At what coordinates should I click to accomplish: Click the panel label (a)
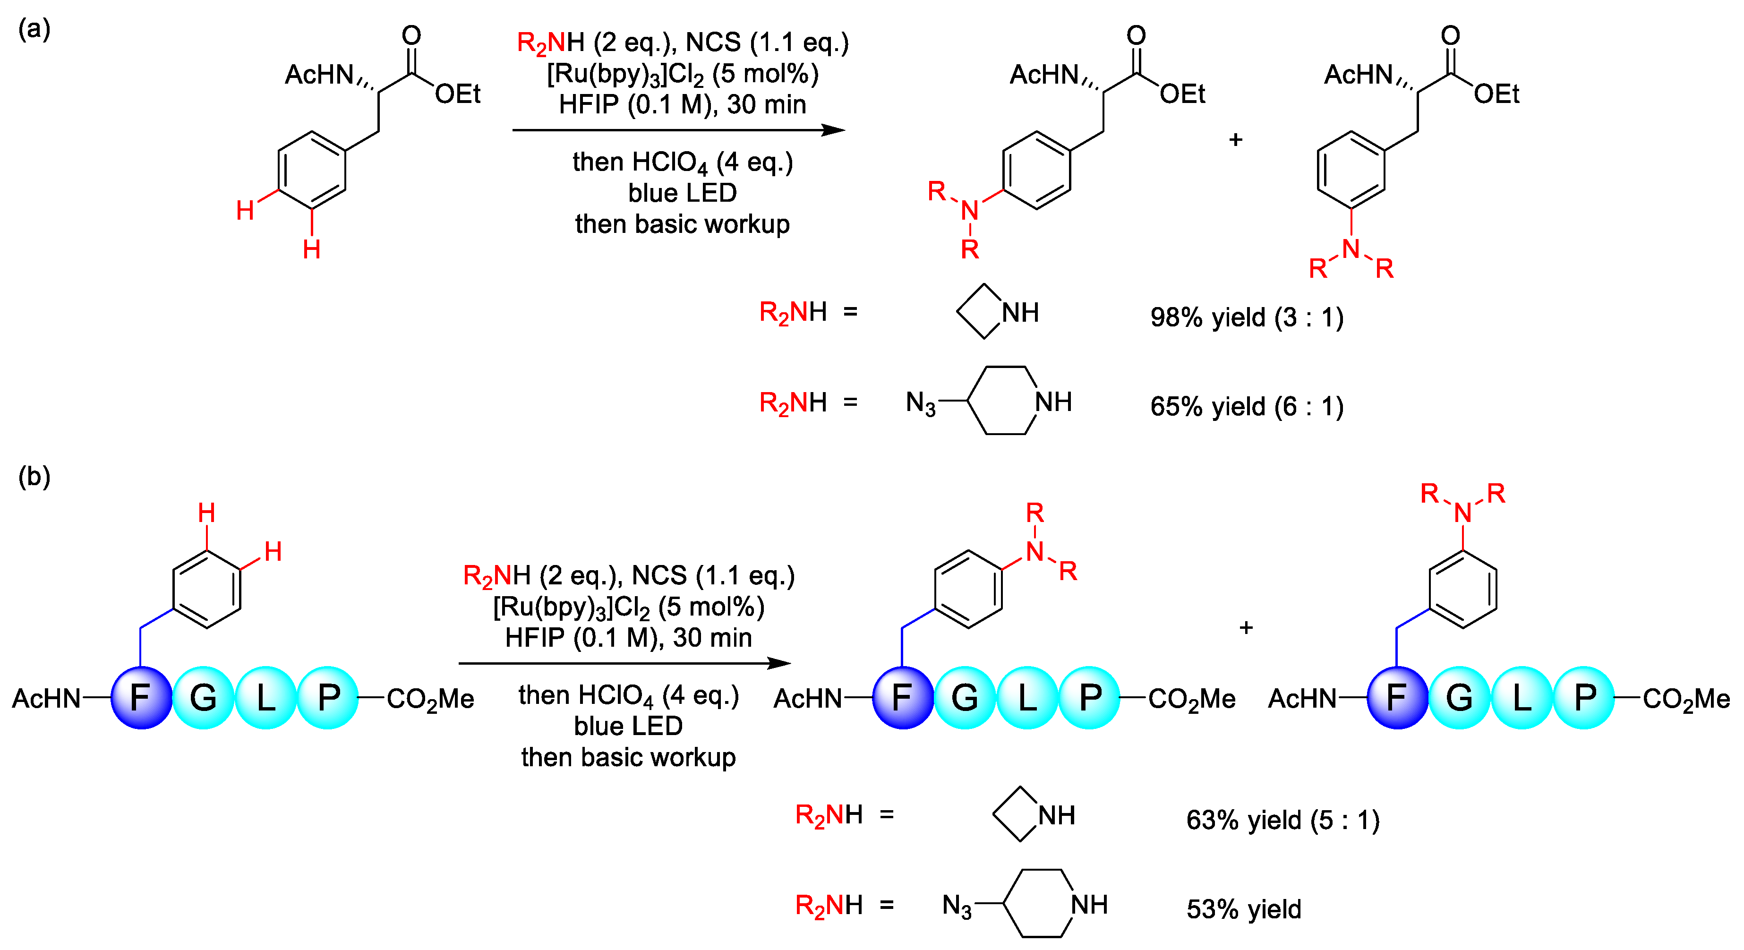pyautogui.click(x=34, y=29)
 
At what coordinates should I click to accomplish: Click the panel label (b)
pyautogui.click(x=34, y=477)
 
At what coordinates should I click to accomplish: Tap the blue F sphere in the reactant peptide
pyautogui.click(x=141, y=697)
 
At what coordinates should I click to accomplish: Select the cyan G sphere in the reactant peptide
pyautogui.click(x=203, y=697)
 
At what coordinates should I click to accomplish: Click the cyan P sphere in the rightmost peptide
pyautogui.click(x=1585, y=697)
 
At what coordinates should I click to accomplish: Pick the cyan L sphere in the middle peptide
pyautogui.click(x=1027, y=697)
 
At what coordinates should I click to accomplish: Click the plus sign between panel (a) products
pyautogui.click(x=1236, y=139)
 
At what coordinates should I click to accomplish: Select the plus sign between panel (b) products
pyautogui.click(x=1246, y=628)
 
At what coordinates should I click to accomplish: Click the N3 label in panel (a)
pyautogui.click(x=920, y=403)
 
